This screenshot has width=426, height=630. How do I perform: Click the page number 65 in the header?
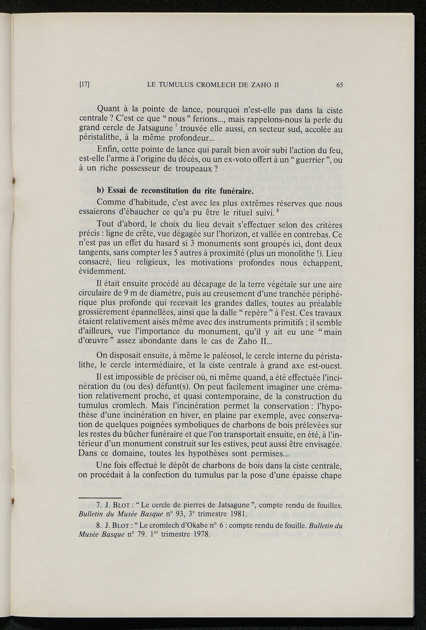339,85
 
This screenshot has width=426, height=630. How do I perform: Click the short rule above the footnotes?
100,497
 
